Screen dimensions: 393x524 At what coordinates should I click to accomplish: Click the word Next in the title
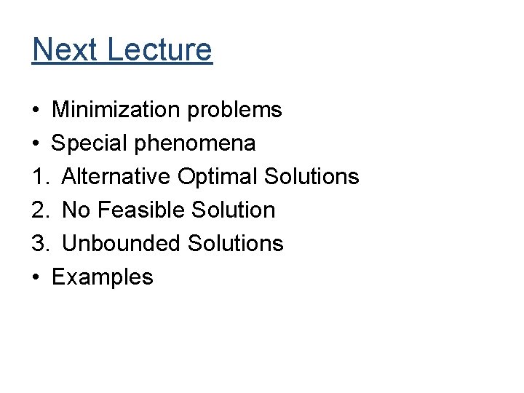[65, 49]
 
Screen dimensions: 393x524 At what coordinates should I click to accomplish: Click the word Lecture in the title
[159, 49]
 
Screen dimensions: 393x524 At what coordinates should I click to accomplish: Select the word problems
[234, 110]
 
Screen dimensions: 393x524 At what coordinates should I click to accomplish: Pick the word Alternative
[116, 177]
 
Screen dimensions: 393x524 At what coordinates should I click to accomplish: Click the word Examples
[103, 277]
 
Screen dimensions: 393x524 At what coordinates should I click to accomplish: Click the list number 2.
[39, 210]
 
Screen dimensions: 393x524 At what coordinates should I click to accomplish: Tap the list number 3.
[39, 243]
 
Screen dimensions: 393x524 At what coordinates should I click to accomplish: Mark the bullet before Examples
[36, 277]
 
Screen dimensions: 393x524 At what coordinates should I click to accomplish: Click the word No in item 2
[76, 210]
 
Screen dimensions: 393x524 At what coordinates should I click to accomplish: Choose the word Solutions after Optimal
[311, 177]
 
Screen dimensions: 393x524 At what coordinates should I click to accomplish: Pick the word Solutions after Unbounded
[235, 243]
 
